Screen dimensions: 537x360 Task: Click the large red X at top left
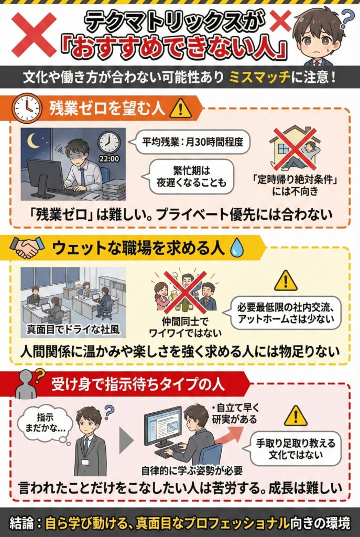tap(34, 34)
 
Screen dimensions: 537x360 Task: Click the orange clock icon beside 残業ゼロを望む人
tap(27, 108)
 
